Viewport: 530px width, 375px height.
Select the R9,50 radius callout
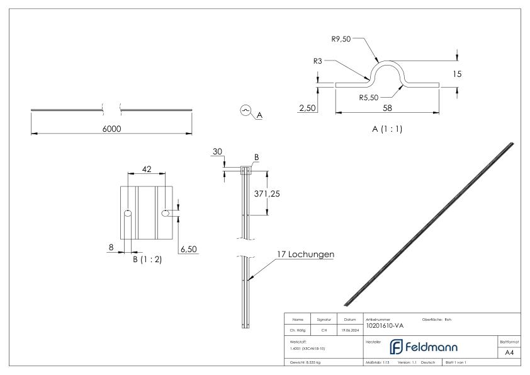coord(342,38)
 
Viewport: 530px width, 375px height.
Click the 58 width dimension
coord(387,108)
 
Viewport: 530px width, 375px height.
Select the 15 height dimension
coord(457,74)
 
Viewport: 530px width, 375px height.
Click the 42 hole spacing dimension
coord(147,169)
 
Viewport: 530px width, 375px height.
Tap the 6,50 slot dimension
coord(189,250)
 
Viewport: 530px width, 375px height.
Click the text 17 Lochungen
coord(305,255)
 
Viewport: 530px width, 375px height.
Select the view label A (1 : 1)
coord(387,129)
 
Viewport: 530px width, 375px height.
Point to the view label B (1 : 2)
coord(147,259)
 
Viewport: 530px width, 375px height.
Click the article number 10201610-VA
coord(385,325)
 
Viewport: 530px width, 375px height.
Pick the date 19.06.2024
coord(350,328)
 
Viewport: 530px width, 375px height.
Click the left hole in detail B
coord(128,214)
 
